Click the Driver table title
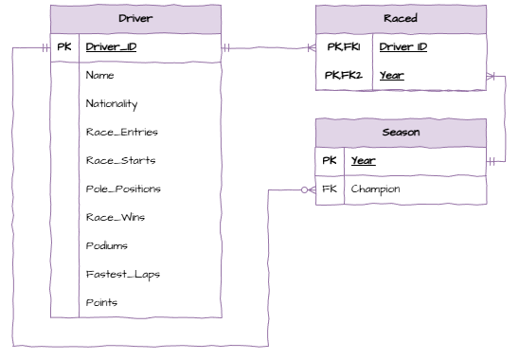136,19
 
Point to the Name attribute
99,75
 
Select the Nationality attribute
112,103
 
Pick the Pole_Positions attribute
123,189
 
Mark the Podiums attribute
106,245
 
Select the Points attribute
101,302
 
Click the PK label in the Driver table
64,46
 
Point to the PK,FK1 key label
344,46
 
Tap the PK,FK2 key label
344,75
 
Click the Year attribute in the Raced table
393,75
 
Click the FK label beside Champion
330,189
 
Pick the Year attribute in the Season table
363,161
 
